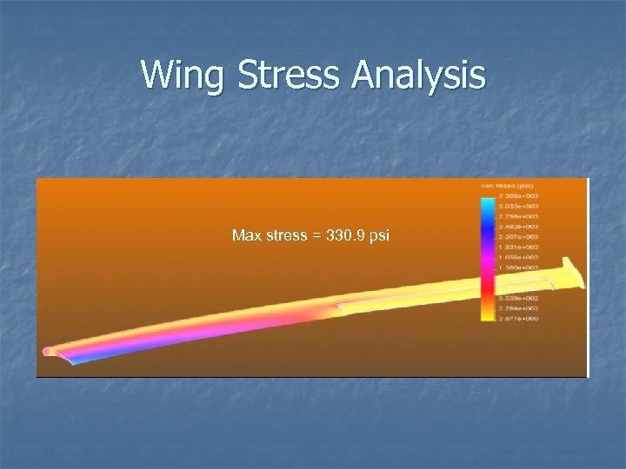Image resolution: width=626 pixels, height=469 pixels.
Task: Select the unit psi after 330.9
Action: point(380,235)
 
